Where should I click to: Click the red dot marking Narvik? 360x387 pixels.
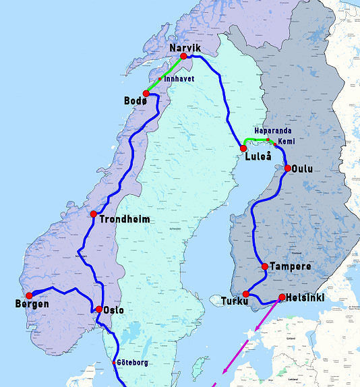183,56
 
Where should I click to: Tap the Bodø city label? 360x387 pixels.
134,100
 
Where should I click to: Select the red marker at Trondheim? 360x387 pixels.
94,214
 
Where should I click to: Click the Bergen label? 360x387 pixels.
32,304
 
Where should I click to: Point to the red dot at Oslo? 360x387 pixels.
99,309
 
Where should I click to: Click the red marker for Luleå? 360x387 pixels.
243,148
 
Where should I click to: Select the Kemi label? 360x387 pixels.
286,142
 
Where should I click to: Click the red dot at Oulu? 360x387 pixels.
288,168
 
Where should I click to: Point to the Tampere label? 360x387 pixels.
290,266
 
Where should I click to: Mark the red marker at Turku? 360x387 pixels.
246,294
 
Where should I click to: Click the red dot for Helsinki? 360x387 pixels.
281,297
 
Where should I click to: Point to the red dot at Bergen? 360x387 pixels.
29,295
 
